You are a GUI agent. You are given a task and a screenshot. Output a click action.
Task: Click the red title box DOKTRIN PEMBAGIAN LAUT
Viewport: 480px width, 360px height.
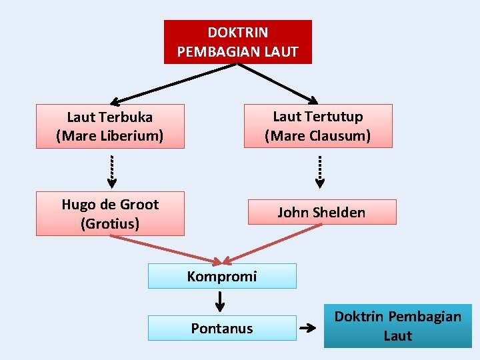[237, 41]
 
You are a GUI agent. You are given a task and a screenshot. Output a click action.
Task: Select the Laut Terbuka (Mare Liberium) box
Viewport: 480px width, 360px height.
[110, 126]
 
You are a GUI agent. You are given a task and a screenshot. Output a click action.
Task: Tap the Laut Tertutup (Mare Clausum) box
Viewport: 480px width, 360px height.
[318, 125]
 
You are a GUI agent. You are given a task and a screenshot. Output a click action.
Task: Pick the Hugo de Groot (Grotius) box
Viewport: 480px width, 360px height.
[110, 213]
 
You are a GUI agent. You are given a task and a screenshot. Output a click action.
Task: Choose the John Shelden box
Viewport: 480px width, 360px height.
[322, 212]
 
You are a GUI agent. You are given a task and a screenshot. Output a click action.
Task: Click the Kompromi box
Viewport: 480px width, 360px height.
[222, 276]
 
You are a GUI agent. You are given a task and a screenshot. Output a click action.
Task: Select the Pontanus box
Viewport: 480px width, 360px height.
[222, 328]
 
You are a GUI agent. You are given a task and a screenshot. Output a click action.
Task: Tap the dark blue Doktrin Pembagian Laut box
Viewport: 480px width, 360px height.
[397, 326]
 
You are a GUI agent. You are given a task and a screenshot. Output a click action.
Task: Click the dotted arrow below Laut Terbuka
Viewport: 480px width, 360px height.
[111, 170]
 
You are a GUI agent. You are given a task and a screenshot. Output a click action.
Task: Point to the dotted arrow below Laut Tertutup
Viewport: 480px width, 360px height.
[320, 170]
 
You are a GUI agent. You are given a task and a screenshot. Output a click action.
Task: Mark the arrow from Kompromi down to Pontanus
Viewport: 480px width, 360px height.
[220, 301]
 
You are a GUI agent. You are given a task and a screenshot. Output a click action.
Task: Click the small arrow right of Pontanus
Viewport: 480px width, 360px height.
[307, 328]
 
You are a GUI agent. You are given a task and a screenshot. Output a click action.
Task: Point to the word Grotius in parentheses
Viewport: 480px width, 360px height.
[110, 223]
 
